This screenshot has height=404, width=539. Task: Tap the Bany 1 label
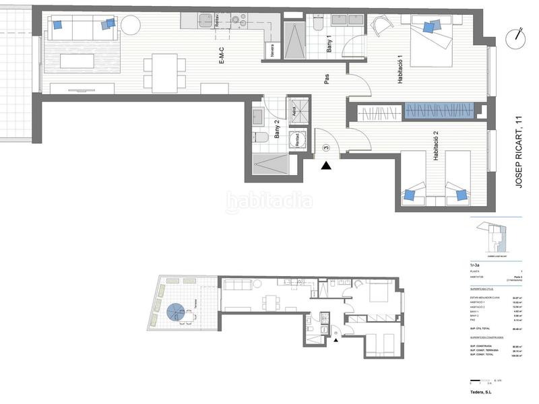[329, 45]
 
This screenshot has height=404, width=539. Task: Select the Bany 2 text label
[276, 129]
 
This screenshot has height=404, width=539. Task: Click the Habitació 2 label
[437, 146]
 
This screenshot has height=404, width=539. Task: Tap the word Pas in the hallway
[327, 79]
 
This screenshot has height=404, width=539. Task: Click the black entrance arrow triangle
[326, 165]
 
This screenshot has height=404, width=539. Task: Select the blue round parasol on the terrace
[176, 312]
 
